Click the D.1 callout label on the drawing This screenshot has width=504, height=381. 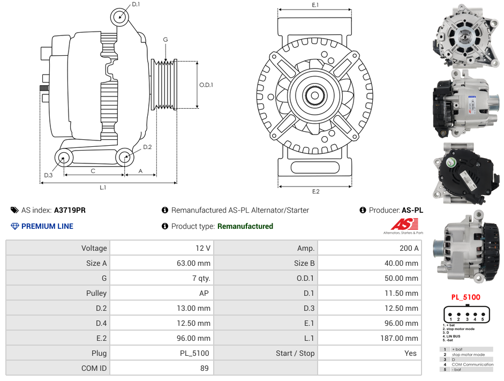[x=136, y=5]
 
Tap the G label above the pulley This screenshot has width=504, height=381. [x=166, y=40]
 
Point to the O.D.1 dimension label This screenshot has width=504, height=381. [x=206, y=85]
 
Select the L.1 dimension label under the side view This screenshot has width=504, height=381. [x=103, y=188]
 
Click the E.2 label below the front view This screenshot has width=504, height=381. [x=315, y=192]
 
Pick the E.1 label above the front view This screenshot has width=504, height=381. [x=315, y=5]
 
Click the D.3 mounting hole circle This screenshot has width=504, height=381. [x=64, y=158]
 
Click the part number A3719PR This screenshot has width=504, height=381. [x=70, y=210]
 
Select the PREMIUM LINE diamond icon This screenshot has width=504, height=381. [x=14, y=226]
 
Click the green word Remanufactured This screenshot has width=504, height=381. [x=245, y=226]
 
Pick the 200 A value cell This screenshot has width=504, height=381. [x=409, y=248]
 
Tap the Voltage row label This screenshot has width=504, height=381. [x=94, y=248]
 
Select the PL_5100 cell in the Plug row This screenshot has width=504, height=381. [x=194, y=353]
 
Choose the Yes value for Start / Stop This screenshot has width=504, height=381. [x=411, y=353]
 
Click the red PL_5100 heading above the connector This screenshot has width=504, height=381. [x=465, y=297]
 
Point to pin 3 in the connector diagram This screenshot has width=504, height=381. [x=467, y=315]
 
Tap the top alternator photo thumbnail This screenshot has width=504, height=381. [x=465, y=36]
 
